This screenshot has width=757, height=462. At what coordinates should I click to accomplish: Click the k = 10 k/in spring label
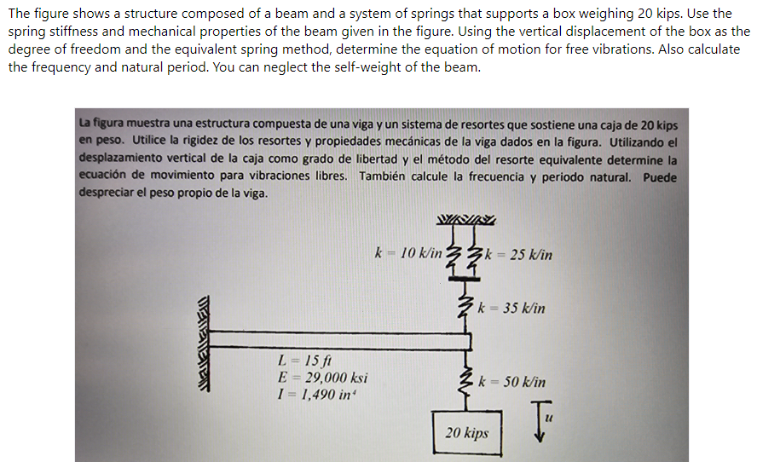[407, 253]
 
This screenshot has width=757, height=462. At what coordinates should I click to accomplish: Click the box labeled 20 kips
[467, 433]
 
